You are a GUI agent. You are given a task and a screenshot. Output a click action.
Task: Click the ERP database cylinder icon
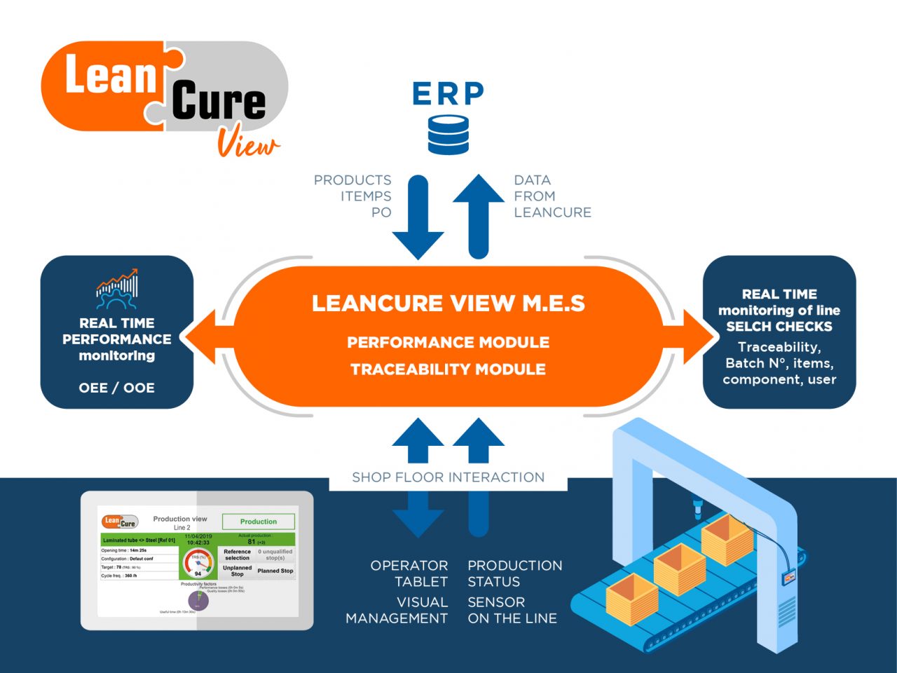point(448,135)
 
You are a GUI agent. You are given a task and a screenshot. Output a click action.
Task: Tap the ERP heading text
point(448,94)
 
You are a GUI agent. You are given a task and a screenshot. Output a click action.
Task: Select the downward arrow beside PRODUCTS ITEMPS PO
point(418,217)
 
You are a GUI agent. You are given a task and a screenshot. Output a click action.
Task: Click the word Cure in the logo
point(219,102)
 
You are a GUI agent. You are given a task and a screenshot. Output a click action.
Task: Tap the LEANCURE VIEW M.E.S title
point(448,304)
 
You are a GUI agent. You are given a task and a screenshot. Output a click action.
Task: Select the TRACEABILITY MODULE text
point(448,369)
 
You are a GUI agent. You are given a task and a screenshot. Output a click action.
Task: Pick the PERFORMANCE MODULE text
point(448,343)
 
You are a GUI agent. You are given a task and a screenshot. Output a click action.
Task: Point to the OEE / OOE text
point(117,388)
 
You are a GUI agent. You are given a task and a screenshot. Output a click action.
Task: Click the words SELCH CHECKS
point(779,327)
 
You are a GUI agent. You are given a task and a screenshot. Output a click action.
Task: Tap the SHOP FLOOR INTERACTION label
point(448,477)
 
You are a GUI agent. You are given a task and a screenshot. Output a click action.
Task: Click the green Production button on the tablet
point(259,522)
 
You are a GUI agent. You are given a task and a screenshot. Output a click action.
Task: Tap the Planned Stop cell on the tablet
point(275,571)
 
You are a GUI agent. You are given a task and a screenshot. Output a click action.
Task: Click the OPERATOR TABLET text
point(409,573)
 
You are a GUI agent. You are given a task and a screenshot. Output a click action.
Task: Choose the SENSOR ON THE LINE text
point(512,610)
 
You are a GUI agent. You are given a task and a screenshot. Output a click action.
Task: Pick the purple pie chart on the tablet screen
point(198,601)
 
